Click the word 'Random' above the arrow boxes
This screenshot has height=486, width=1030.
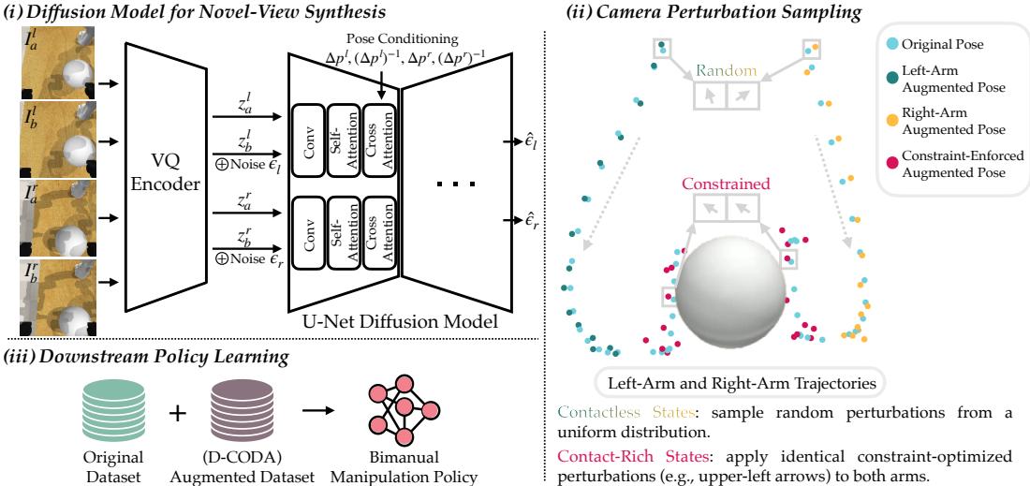click(x=726, y=69)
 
